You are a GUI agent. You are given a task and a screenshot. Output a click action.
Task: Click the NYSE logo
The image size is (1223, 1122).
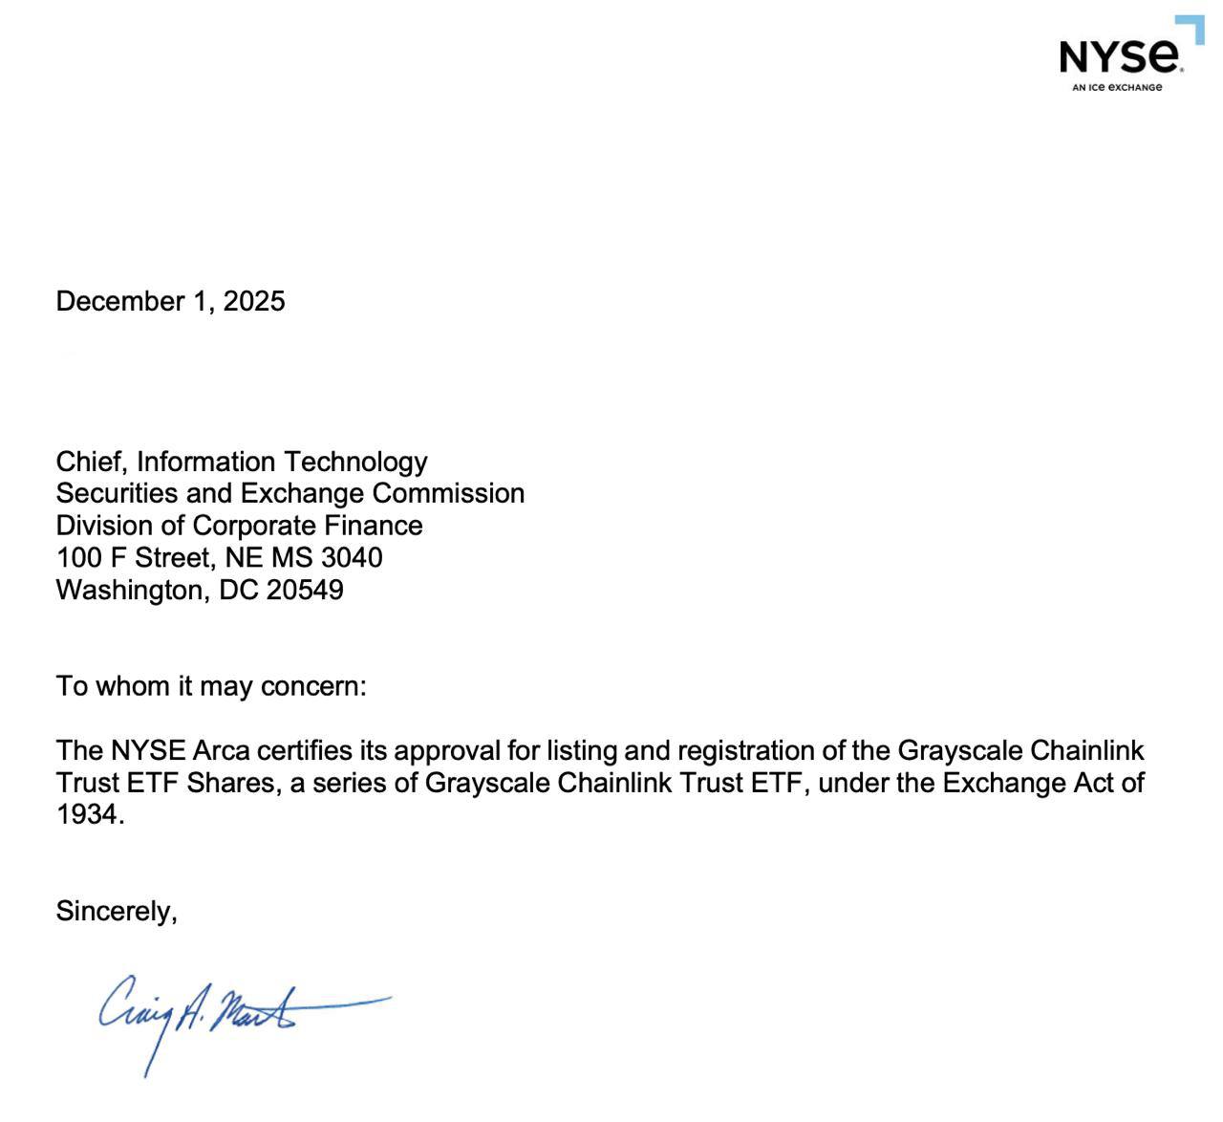pyautogui.click(x=1121, y=55)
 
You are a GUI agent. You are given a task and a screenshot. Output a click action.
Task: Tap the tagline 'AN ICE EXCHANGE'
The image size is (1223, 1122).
pyautogui.click(x=1117, y=88)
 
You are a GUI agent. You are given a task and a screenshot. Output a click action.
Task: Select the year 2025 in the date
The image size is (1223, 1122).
pyautogui.click(x=254, y=301)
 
